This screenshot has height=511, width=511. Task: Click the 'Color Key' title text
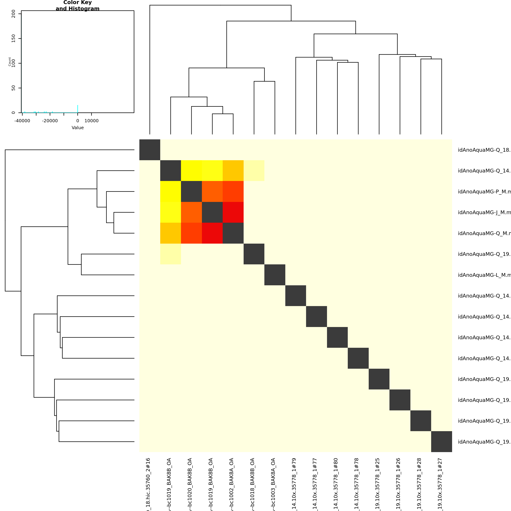78,3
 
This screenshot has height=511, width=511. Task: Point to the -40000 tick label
22,121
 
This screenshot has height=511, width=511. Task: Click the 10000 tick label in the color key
92,121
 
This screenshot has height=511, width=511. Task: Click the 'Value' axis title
78,128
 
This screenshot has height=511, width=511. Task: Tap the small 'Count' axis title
10,62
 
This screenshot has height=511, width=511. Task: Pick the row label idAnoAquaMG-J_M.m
484,212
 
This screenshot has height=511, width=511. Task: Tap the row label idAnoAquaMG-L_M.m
484,275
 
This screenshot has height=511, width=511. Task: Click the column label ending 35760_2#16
148,484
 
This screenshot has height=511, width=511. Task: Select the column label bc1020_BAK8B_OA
190,484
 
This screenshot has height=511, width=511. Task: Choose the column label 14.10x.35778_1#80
336,484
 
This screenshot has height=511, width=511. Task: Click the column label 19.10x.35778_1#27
440,484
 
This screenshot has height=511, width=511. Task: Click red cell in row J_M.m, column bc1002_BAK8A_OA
233,212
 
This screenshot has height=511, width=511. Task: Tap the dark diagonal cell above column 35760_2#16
150,150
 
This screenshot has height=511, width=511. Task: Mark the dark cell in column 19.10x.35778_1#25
379,379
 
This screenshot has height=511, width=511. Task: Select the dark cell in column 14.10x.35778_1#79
296,296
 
